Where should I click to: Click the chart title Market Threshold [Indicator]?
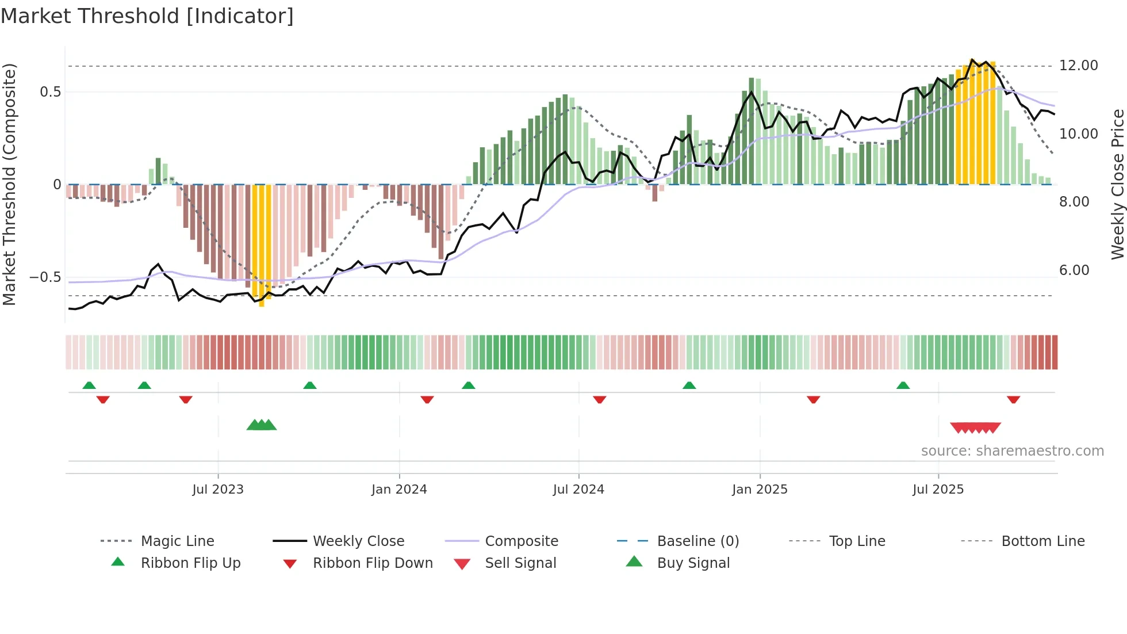click(x=147, y=16)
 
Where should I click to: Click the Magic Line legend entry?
click(x=177, y=541)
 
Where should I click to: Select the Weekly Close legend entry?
click(x=358, y=541)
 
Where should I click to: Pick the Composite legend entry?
click(x=521, y=541)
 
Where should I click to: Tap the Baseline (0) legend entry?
click(x=697, y=541)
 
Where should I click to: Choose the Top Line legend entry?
click(x=857, y=541)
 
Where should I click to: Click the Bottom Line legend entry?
click(x=1042, y=541)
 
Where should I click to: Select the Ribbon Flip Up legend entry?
click(x=190, y=563)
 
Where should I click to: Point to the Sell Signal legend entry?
click(x=520, y=563)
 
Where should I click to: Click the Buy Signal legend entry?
click(x=693, y=563)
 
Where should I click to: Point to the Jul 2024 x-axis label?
click(x=578, y=490)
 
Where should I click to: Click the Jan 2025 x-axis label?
click(x=760, y=490)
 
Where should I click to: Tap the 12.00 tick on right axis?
click(x=1078, y=66)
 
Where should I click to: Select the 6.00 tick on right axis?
click(x=1074, y=270)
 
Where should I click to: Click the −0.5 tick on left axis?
click(x=45, y=277)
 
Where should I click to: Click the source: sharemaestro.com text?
click(x=1012, y=451)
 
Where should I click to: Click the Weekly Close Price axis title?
click(x=1117, y=184)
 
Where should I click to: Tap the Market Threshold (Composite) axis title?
click(x=9, y=184)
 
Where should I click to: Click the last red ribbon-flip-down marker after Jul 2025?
click(x=1013, y=399)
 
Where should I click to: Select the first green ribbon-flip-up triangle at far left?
click(x=89, y=385)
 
